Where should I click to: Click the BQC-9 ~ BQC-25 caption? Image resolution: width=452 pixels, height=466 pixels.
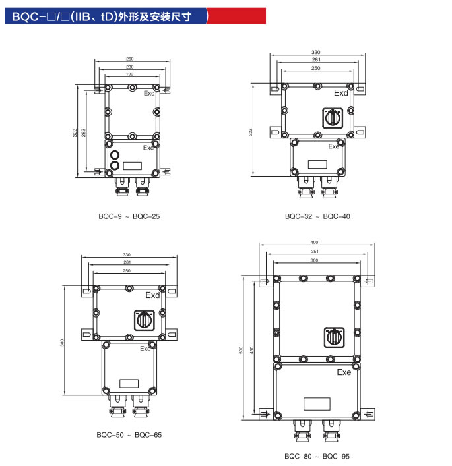point(129,216)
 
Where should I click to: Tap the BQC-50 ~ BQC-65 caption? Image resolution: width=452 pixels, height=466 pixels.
point(129,435)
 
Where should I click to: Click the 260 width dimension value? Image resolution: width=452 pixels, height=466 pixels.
point(129,59)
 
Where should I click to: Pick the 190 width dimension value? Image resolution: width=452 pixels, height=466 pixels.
point(129,74)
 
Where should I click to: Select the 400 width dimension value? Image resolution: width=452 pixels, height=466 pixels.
point(314,242)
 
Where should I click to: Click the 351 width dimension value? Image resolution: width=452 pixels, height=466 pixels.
point(314,251)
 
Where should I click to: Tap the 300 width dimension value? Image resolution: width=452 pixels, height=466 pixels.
point(314,261)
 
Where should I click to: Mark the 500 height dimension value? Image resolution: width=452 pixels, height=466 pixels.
point(242,349)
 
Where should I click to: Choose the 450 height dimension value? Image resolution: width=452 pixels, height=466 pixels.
point(251,349)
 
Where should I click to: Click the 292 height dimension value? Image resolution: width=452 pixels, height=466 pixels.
point(84,132)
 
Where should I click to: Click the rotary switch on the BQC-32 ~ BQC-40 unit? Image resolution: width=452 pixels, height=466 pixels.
point(331,118)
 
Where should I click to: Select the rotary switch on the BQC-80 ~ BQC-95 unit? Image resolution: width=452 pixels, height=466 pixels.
point(334,335)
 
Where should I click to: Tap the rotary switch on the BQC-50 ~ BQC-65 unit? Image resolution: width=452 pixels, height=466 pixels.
point(144,320)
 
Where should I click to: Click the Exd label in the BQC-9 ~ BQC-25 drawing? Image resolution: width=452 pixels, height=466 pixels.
point(149,94)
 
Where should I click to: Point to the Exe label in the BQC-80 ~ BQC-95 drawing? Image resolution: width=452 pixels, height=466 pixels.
point(344,372)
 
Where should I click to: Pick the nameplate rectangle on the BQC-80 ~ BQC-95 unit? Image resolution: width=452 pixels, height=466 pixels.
point(317,403)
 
